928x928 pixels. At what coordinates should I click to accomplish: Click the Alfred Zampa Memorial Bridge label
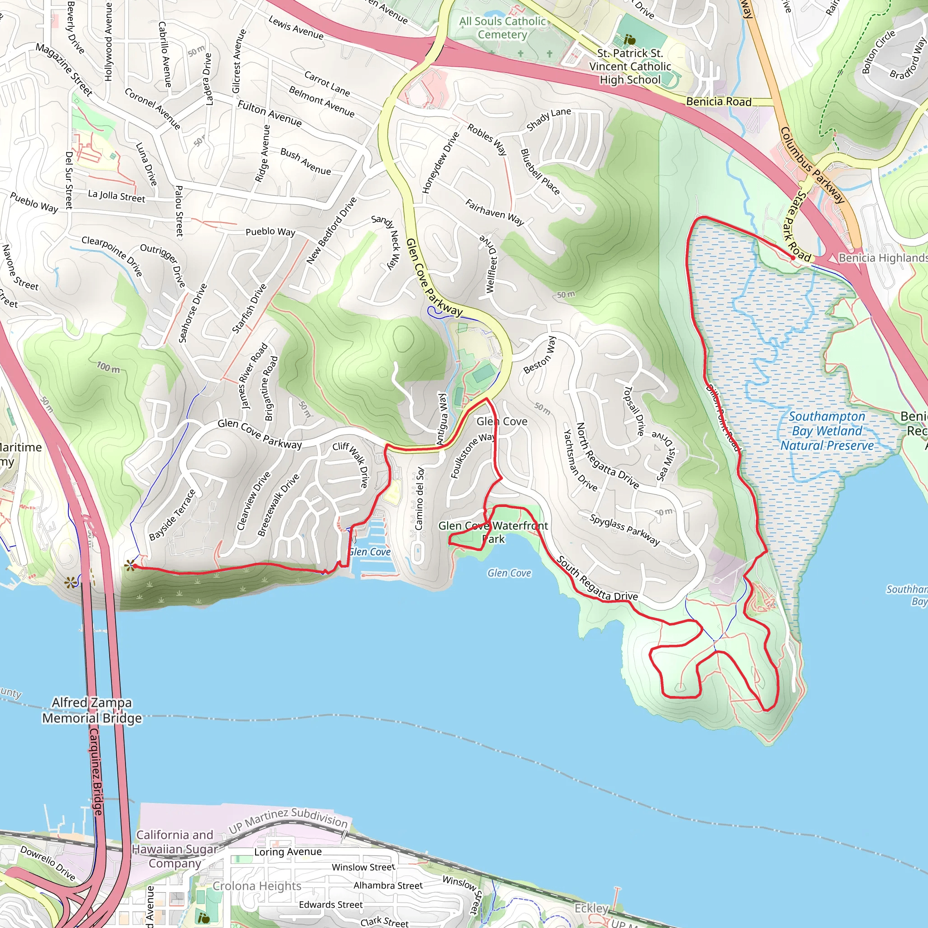point(92,710)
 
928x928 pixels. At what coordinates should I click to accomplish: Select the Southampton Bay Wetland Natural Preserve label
point(826,431)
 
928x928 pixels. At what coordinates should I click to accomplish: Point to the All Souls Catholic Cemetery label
point(502,27)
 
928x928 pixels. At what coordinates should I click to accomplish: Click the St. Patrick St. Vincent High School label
point(630,66)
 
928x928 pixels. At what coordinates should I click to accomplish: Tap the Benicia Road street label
point(718,101)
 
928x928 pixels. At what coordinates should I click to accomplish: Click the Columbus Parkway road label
point(811,165)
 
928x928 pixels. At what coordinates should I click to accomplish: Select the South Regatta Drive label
point(597,579)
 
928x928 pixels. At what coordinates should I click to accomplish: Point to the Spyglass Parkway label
point(624,529)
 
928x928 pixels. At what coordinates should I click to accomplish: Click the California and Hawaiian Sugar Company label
point(175,849)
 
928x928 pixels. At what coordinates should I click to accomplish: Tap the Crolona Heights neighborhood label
point(256,886)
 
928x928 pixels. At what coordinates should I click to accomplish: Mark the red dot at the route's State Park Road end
point(793,258)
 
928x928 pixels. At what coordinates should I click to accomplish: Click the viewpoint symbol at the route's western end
point(130,565)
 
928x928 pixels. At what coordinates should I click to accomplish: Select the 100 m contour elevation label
point(108,368)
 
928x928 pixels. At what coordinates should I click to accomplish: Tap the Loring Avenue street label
point(288,851)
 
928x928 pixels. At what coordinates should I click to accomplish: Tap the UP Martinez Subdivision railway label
point(288,819)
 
